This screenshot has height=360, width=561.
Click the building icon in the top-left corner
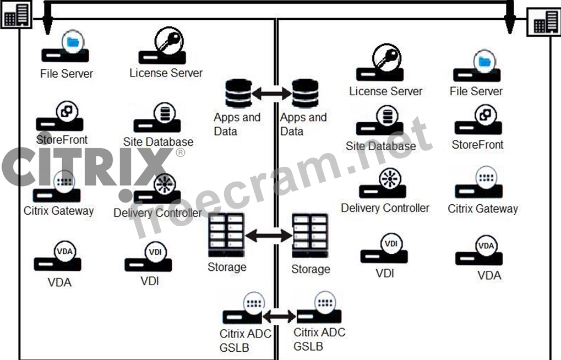coord(16,15)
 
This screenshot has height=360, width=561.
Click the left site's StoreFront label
coord(62,140)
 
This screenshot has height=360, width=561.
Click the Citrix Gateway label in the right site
coord(482,209)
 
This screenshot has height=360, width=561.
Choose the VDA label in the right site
coord(489,275)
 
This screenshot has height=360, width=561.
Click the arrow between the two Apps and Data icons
coord(271,94)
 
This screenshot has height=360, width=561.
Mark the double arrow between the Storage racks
coord(268,236)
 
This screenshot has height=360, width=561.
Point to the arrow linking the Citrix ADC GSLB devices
coord(279,317)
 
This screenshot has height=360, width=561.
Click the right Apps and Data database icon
coord(304,94)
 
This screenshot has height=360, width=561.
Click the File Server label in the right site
coord(476,91)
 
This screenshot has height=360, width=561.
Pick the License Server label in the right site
coord(385,91)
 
